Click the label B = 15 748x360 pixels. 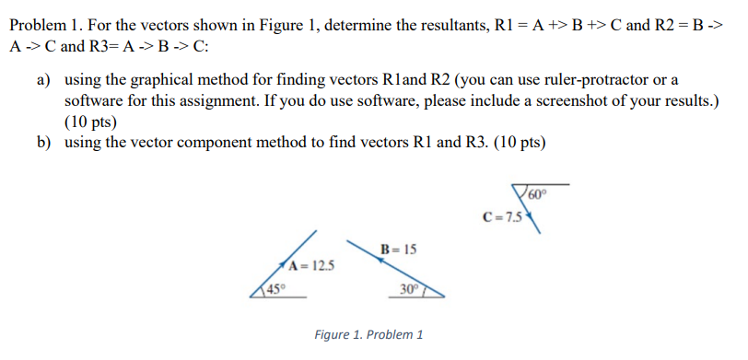click(x=398, y=249)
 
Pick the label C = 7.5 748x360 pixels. click(x=503, y=218)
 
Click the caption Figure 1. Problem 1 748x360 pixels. click(x=368, y=334)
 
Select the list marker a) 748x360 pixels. click(x=43, y=80)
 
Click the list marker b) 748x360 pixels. click(x=43, y=142)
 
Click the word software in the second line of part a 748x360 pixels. click(x=93, y=100)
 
